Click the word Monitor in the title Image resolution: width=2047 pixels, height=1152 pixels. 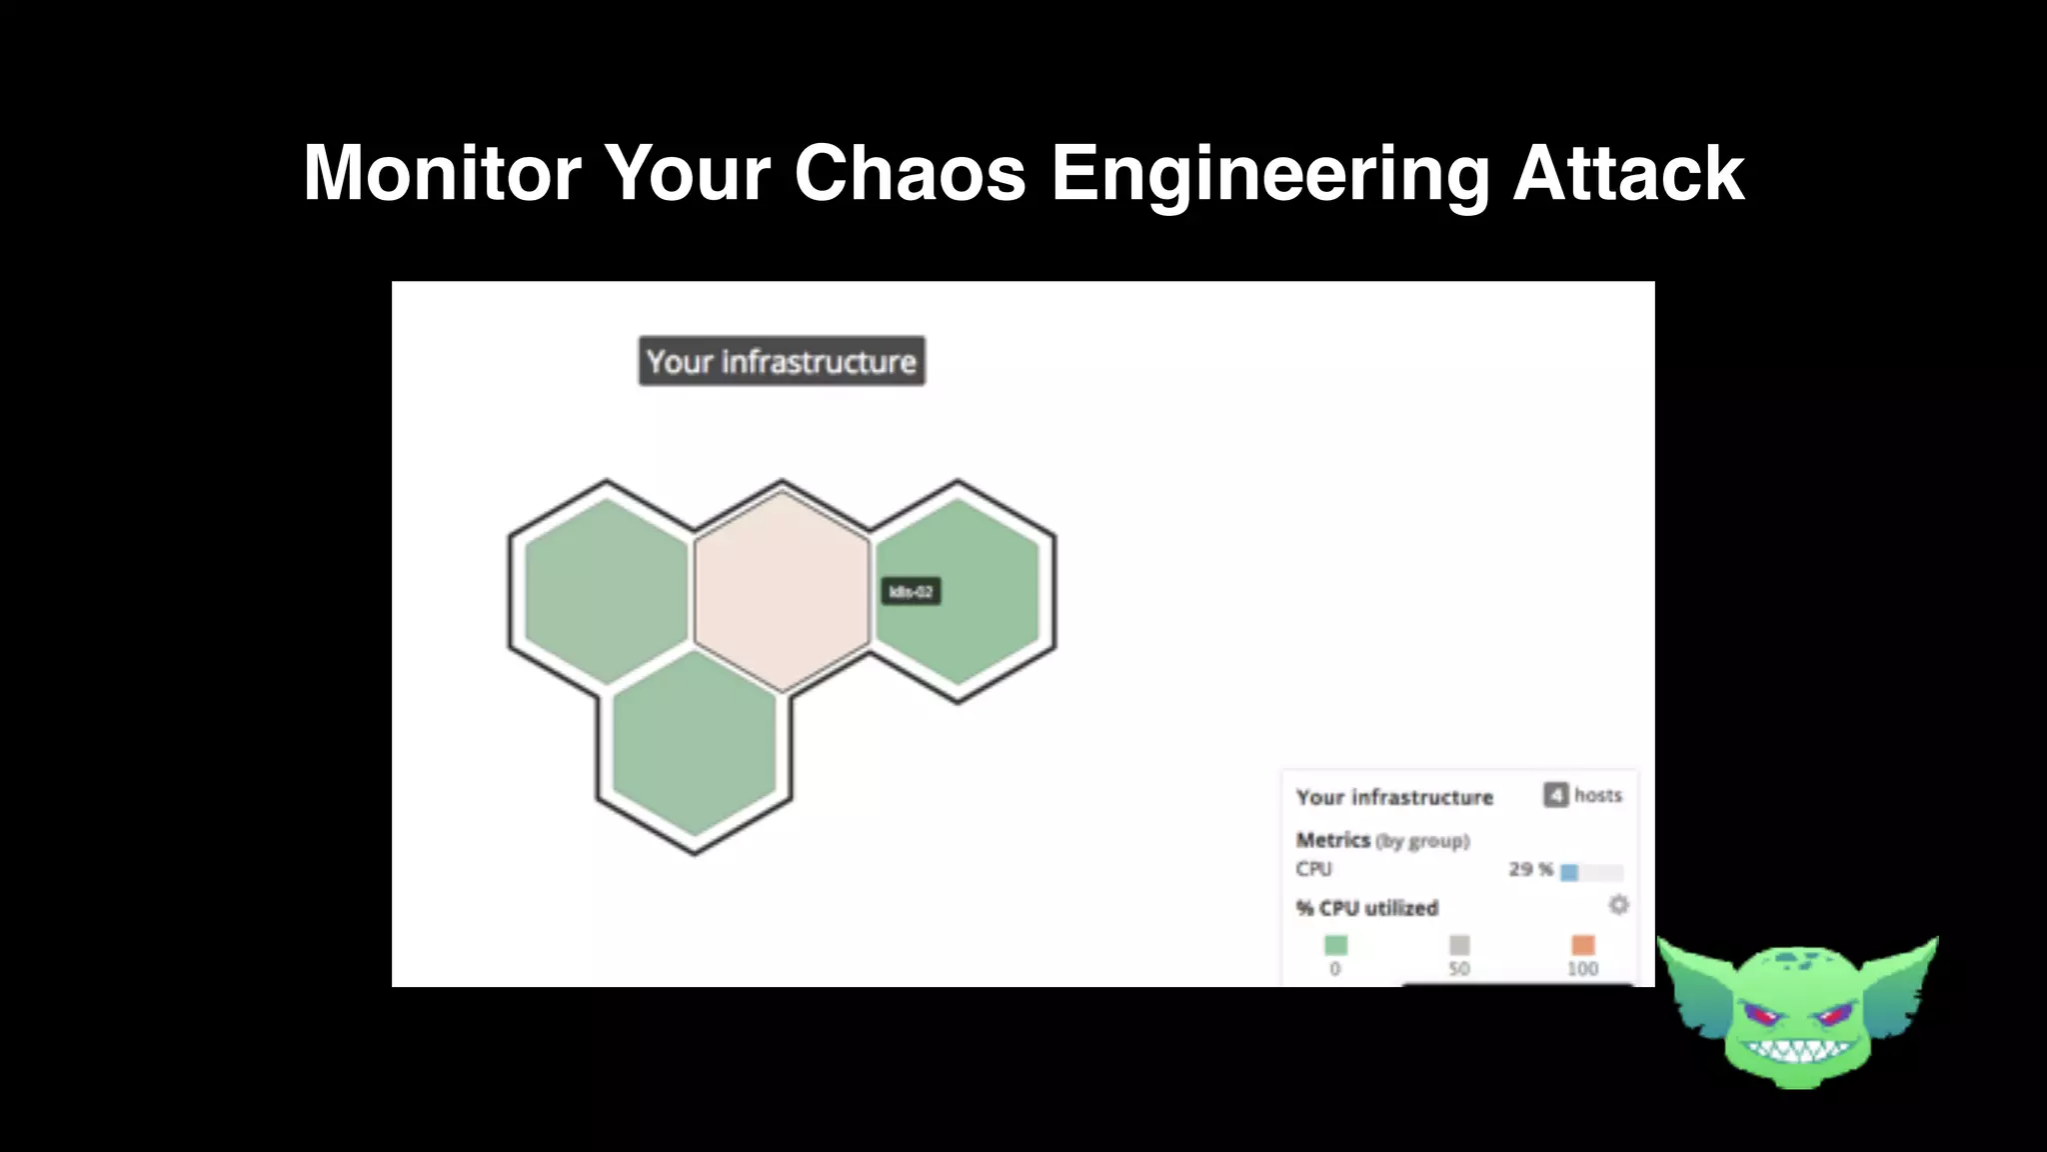pos(442,174)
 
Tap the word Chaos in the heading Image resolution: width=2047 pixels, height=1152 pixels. pos(910,174)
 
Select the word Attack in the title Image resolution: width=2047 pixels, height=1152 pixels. pos(1628,174)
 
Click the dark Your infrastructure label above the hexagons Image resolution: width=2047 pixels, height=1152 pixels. pos(782,361)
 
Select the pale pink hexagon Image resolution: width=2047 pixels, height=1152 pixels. pos(782,591)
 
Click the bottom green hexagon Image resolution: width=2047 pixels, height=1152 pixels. pos(695,744)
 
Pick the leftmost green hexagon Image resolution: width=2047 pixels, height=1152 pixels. pos(606,591)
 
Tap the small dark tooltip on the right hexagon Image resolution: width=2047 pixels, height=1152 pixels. pos(911,592)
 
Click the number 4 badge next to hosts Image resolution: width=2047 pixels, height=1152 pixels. pos(1555,795)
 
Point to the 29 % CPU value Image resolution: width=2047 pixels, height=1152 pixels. pos(1530,869)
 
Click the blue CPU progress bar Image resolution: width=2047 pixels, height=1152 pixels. pos(1569,872)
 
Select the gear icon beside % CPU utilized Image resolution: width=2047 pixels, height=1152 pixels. pos(1618,905)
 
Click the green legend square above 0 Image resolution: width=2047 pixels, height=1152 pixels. pos(1335,945)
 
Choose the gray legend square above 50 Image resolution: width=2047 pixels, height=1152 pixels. pos(1459,945)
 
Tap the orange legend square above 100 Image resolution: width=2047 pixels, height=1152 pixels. pos(1582,945)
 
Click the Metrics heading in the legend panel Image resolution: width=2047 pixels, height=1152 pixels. pos(1333,839)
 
